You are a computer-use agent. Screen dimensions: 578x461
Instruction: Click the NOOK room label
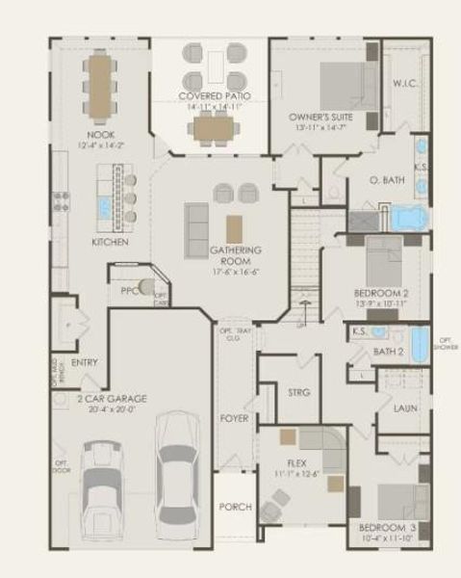(x=100, y=135)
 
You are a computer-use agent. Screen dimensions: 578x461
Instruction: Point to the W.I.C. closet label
(x=404, y=83)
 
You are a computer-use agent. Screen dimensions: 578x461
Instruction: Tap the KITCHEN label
(x=110, y=242)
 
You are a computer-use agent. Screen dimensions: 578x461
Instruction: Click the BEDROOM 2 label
(x=381, y=292)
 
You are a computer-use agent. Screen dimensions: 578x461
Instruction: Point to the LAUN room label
(x=405, y=408)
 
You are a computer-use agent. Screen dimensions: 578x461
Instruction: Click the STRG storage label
(x=297, y=392)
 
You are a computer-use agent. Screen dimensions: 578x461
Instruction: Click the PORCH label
(x=235, y=507)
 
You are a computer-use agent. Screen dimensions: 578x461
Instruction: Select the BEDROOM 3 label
(x=387, y=529)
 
